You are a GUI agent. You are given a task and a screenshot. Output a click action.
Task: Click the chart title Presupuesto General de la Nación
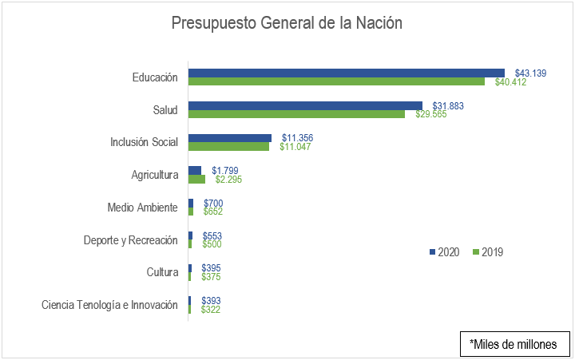[x=287, y=24]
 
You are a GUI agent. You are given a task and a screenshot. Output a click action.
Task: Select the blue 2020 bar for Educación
[x=346, y=73]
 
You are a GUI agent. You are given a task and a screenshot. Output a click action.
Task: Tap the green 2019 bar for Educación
[x=336, y=81]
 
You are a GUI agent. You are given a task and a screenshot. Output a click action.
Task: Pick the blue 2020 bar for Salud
[x=305, y=105]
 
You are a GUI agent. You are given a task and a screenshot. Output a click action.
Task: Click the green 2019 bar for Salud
[x=296, y=114]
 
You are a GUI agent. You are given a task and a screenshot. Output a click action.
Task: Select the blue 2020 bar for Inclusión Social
[x=230, y=138]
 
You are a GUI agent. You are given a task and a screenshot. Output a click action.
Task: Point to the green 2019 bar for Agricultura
[x=196, y=179]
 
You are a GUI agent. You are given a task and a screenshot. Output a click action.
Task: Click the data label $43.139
[x=530, y=73]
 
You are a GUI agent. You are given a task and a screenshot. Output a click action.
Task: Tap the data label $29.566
[x=430, y=115]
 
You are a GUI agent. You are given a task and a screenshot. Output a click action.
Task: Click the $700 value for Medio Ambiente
[x=213, y=204]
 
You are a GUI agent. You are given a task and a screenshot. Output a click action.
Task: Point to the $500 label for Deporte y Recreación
[x=212, y=244]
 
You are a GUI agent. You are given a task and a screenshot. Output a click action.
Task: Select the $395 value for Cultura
[x=211, y=268]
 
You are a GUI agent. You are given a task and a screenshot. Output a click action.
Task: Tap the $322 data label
[x=211, y=310]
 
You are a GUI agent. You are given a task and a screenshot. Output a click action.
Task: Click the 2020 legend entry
[x=445, y=252]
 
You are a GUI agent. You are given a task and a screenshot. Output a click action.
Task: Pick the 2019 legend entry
[x=488, y=252]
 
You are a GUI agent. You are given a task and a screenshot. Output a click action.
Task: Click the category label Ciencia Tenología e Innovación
[x=109, y=305]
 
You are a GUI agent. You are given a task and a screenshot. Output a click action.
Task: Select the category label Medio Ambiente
[x=142, y=208]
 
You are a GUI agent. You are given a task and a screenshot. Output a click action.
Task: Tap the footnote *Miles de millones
[x=514, y=344]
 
